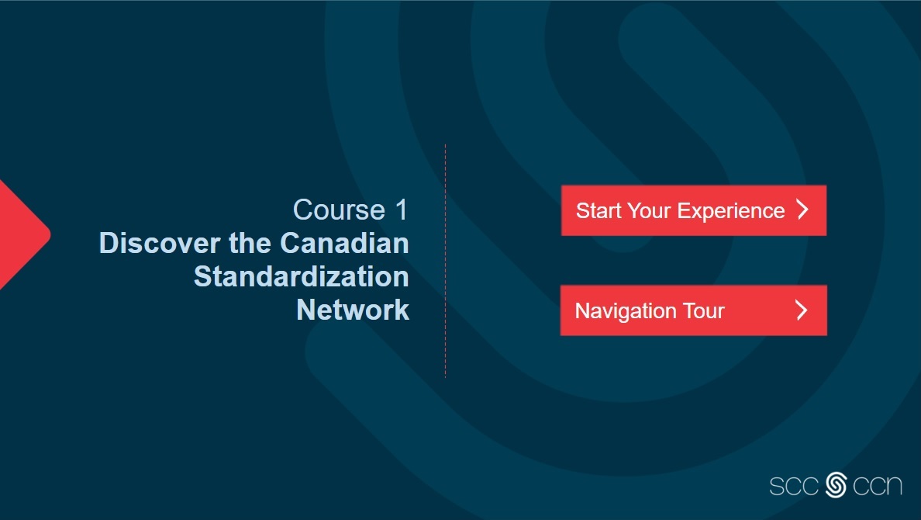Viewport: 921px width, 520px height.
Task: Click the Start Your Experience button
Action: tap(694, 210)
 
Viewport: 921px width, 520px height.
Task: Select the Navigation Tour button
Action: tap(694, 310)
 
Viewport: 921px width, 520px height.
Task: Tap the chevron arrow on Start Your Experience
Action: tap(803, 210)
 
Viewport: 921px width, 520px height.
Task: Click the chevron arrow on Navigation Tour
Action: tap(802, 310)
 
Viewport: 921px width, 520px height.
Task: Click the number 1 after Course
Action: tap(402, 210)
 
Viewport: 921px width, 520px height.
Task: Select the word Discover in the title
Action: tap(160, 243)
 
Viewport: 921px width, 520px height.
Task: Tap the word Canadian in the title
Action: tap(344, 243)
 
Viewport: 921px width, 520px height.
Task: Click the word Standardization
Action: tap(302, 276)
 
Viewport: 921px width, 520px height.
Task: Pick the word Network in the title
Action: tap(353, 310)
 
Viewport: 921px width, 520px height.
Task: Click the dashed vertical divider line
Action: tap(445, 261)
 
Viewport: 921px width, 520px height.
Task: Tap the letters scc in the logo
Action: tap(794, 486)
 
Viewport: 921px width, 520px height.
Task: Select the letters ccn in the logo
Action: tap(877, 486)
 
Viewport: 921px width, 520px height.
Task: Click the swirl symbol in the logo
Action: tap(836, 485)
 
